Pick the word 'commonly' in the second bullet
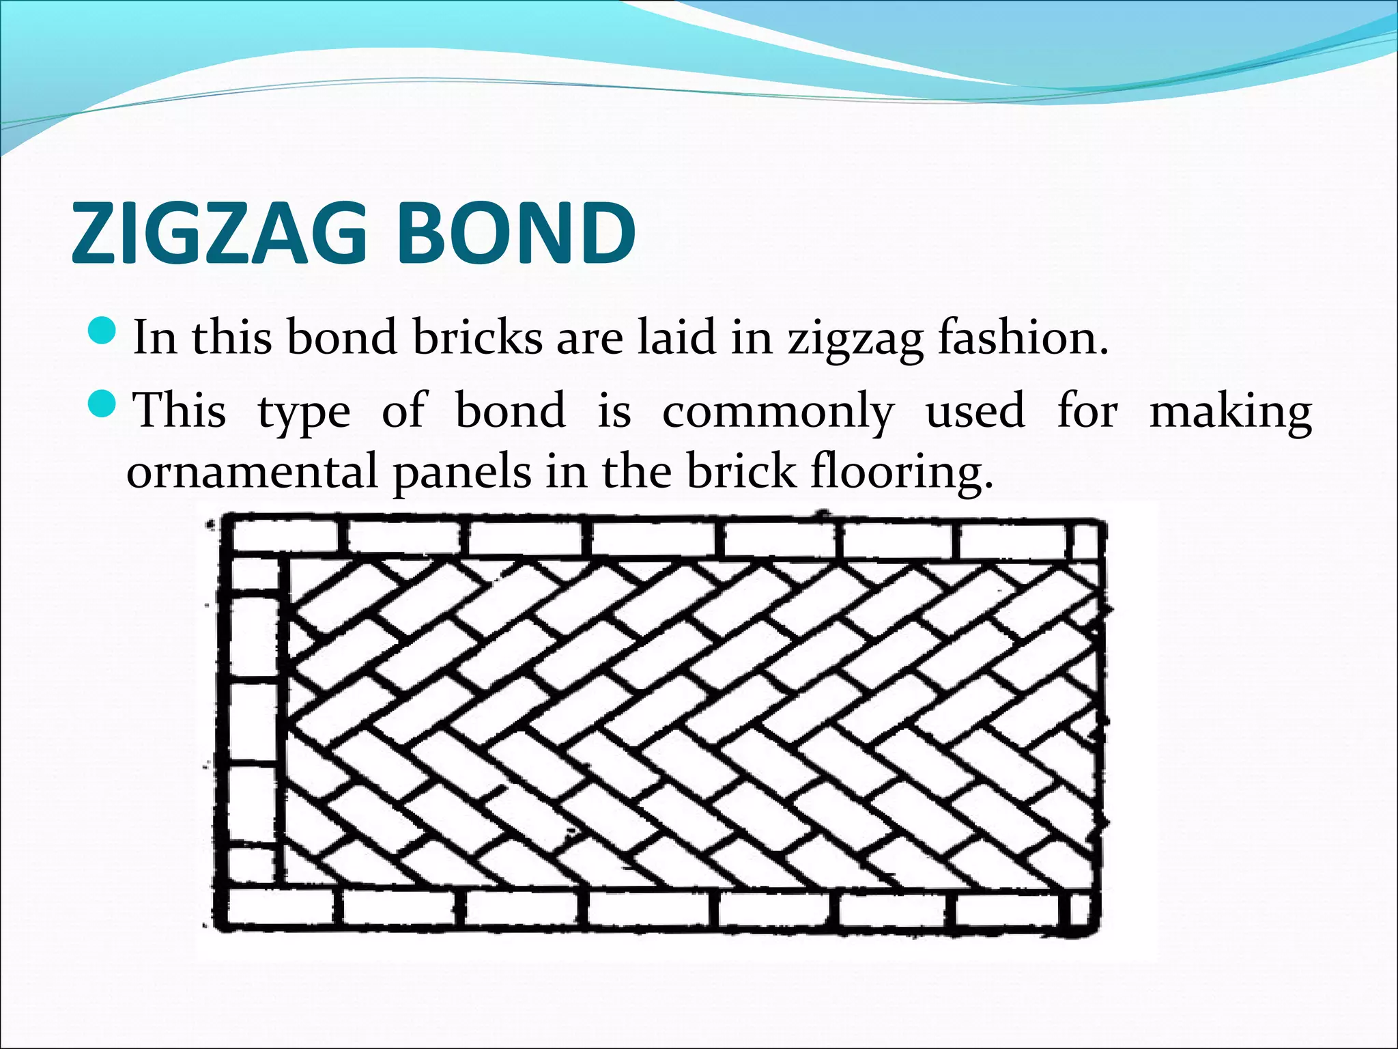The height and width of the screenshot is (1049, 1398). (x=778, y=412)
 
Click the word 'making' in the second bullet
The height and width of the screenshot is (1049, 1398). (x=1231, y=412)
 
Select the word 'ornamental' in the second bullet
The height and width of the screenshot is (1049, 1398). (x=252, y=471)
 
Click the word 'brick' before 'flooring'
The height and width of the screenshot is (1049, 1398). (x=741, y=471)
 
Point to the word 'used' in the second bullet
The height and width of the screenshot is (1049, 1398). (x=975, y=411)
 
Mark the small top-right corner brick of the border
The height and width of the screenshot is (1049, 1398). (x=1085, y=541)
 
